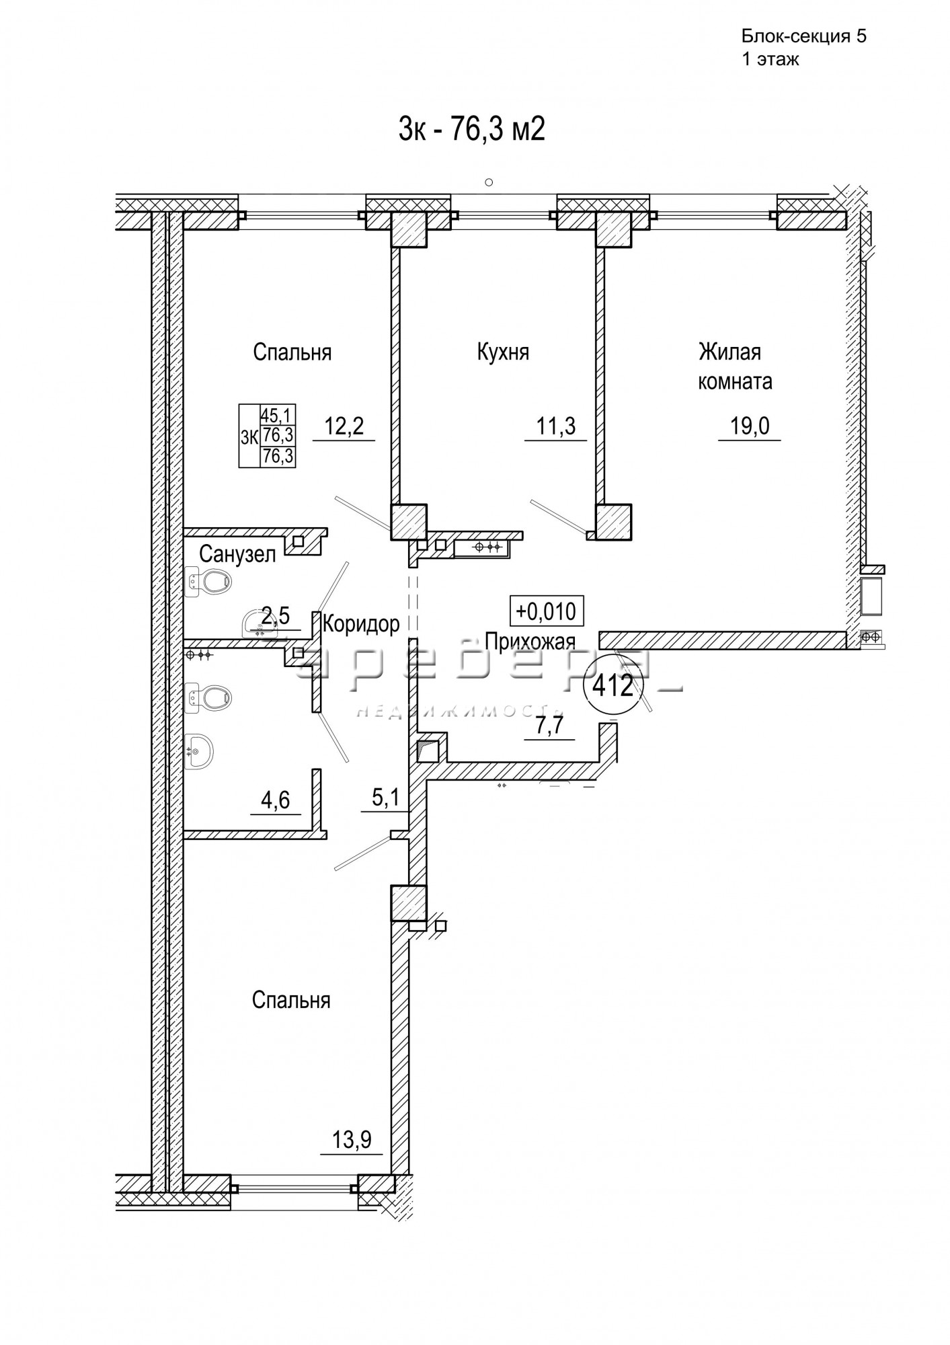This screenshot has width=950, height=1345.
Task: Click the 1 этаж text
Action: pyautogui.click(x=770, y=59)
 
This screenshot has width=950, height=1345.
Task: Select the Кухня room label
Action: pyautogui.click(x=503, y=352)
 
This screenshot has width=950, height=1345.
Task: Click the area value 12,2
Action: pyautogui.click(x=344, y=426)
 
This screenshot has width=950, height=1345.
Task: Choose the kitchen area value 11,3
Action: pyautogui.click(x=556, y=426)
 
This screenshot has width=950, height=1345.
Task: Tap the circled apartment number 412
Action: pyautogui.click(x=612, y=686)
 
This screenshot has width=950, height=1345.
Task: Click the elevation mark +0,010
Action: pyautogui.click(x=546, y=611)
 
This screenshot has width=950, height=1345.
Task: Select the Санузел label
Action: pyautogui.click(x=238, y=555)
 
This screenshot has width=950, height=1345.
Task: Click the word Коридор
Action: pyautogui.click(x=361, y=624)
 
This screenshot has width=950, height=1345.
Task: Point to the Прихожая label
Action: pyautogui.click(x=530, y=641)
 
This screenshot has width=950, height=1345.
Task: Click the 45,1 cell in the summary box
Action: pyautogui.click(x=278, y=413)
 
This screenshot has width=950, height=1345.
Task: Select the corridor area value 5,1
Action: pyautogui.click(x=386, y=798)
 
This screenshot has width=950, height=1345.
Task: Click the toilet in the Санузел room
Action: pyautogui.click(x=209, y=580)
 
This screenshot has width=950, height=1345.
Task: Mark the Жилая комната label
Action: pyautogui.click(x=734, y=367)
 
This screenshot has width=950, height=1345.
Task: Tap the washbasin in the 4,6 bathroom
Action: pyautogui.click(x=199, y=751)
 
